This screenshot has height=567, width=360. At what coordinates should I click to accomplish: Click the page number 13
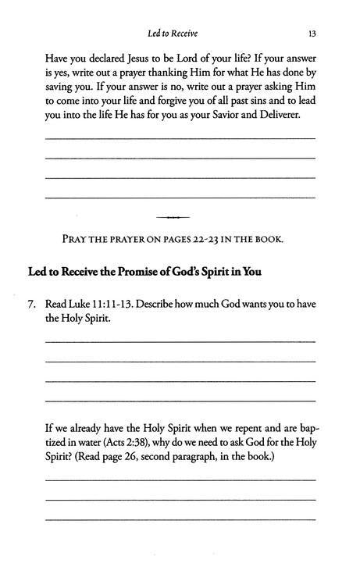(x=310, y=34)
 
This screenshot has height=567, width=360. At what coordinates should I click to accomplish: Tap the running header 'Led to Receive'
(x=180, y=34)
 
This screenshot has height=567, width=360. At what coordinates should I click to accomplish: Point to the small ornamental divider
(x=180, y=216)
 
